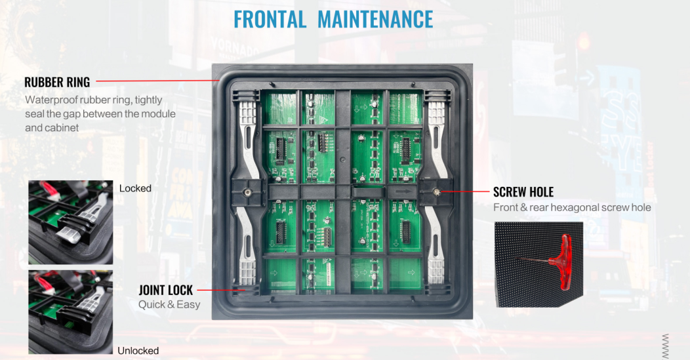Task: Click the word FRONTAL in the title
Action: (x=270, y=20)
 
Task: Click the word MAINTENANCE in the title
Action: (x=375, y=20)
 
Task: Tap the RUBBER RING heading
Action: (x=57, y=82)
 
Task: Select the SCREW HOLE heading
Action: (x=523, y=192)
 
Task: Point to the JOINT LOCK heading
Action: (x=166, y=290)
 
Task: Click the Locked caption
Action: (x=135, y=188)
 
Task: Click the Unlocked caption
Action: (x=138, y=351)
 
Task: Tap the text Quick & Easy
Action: (x=169, y=304)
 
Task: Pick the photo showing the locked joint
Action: (x=70, y=222)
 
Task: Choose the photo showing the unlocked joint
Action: (x=70, y=312)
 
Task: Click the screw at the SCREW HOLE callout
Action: (x=437, y=191)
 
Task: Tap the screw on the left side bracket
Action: (x=247, y=191)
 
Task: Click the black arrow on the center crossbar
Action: (x=403, y=191)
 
